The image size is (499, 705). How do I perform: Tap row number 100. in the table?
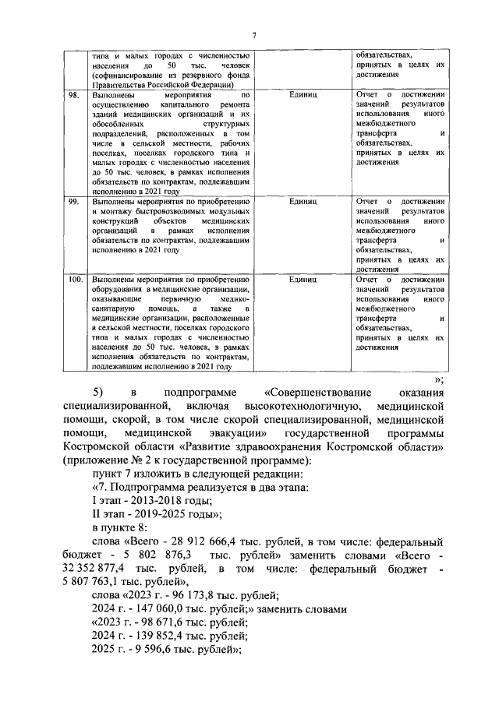(x=76, y=279)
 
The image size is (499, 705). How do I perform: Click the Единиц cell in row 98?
(x=302, y=94)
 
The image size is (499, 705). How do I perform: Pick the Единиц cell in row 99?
(x=302, y=201)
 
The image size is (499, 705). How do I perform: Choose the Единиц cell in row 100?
(x=302, y=279)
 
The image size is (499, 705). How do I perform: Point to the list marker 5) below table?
(x=98, y=390)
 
